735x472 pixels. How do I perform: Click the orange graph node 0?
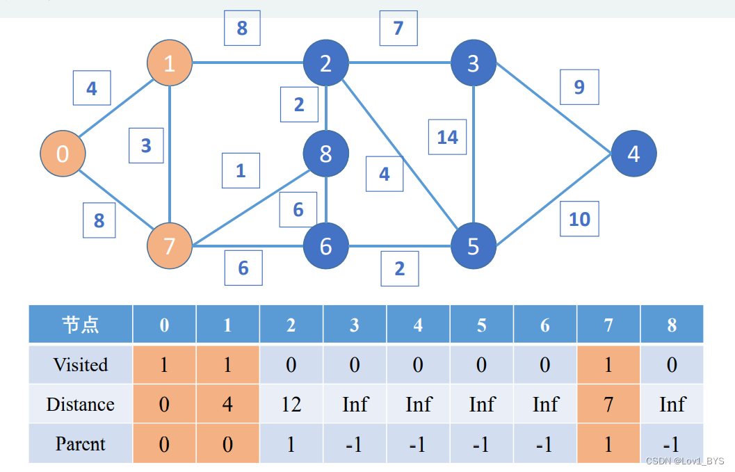point(63,154)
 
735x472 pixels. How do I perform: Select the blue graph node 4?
point(633,154)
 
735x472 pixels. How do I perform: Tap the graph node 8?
point(325,154)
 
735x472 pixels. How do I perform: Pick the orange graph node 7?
point(170,245)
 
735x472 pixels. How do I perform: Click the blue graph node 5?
point(473,245)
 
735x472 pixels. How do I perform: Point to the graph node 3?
point(473,63)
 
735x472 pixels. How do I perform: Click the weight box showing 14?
point(447,137)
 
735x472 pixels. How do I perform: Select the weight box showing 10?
point(579,219)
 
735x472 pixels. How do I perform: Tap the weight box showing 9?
point(579,87)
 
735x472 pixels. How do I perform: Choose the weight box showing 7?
point(398,29)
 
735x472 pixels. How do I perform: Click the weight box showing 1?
point(241,170)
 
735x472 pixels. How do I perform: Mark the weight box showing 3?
point(146,146)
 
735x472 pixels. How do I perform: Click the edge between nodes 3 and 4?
point(553,108)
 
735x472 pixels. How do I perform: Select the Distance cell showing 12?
point(291,404)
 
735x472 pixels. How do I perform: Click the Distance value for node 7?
point(608,404)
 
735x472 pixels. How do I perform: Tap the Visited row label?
point(81,364)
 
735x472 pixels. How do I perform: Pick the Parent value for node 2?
point(291,443)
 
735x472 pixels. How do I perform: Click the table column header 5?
point(481,325)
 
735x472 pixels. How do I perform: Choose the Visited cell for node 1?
point(227,364)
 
